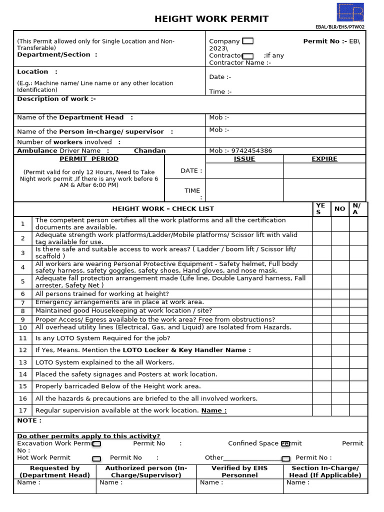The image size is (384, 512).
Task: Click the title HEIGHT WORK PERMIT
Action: click(211, 19)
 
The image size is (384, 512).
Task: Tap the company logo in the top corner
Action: click(350, 12)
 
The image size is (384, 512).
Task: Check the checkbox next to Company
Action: click(247, 41)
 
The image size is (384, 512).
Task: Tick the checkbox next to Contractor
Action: click(247, 56)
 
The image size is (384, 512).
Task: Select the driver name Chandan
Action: click(149, 150)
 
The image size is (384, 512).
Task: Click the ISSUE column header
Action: click(244, 159)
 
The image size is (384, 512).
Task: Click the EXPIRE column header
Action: click(324, 159)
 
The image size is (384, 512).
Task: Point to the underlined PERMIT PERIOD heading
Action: click(89, 159)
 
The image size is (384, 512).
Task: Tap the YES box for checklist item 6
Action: click(321, 294)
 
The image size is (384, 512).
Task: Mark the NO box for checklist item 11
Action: click(340, 338)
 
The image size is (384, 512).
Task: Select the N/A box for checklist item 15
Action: click(358, 386)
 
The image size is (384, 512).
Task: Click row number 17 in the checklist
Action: click(23, 410)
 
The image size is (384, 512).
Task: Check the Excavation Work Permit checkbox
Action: click(97, 443)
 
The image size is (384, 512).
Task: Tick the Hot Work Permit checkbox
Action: click(96, 458)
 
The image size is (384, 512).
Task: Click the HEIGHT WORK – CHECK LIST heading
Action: click(163, 208)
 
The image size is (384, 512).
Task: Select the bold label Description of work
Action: click(56, 99)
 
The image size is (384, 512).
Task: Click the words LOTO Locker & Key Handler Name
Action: click(186, 350)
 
